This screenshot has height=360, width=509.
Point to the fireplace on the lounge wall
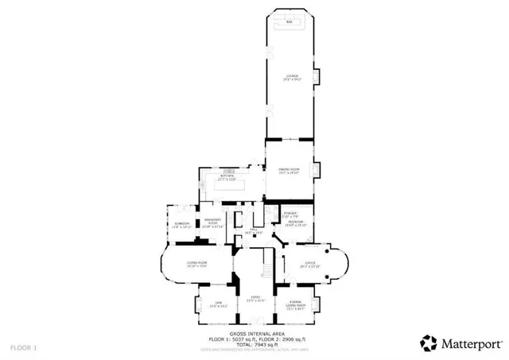click(x=318, y=77)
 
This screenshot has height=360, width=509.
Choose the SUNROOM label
click(x=181, y=225)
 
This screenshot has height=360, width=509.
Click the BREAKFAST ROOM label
click(x=212, y=223)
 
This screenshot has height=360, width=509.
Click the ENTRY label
click(x=254, y=300)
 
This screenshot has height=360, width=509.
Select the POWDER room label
click(x=291, y=215)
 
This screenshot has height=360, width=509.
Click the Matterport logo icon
click(x=429, y=343)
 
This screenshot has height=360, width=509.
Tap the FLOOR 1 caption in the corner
click(x=23, y=348)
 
